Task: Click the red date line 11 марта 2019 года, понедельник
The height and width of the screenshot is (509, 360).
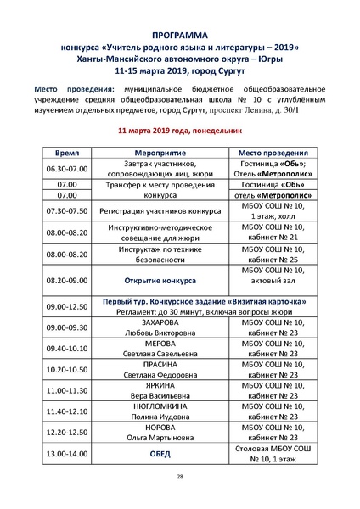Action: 180,131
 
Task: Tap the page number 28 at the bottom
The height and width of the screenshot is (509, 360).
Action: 180,477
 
